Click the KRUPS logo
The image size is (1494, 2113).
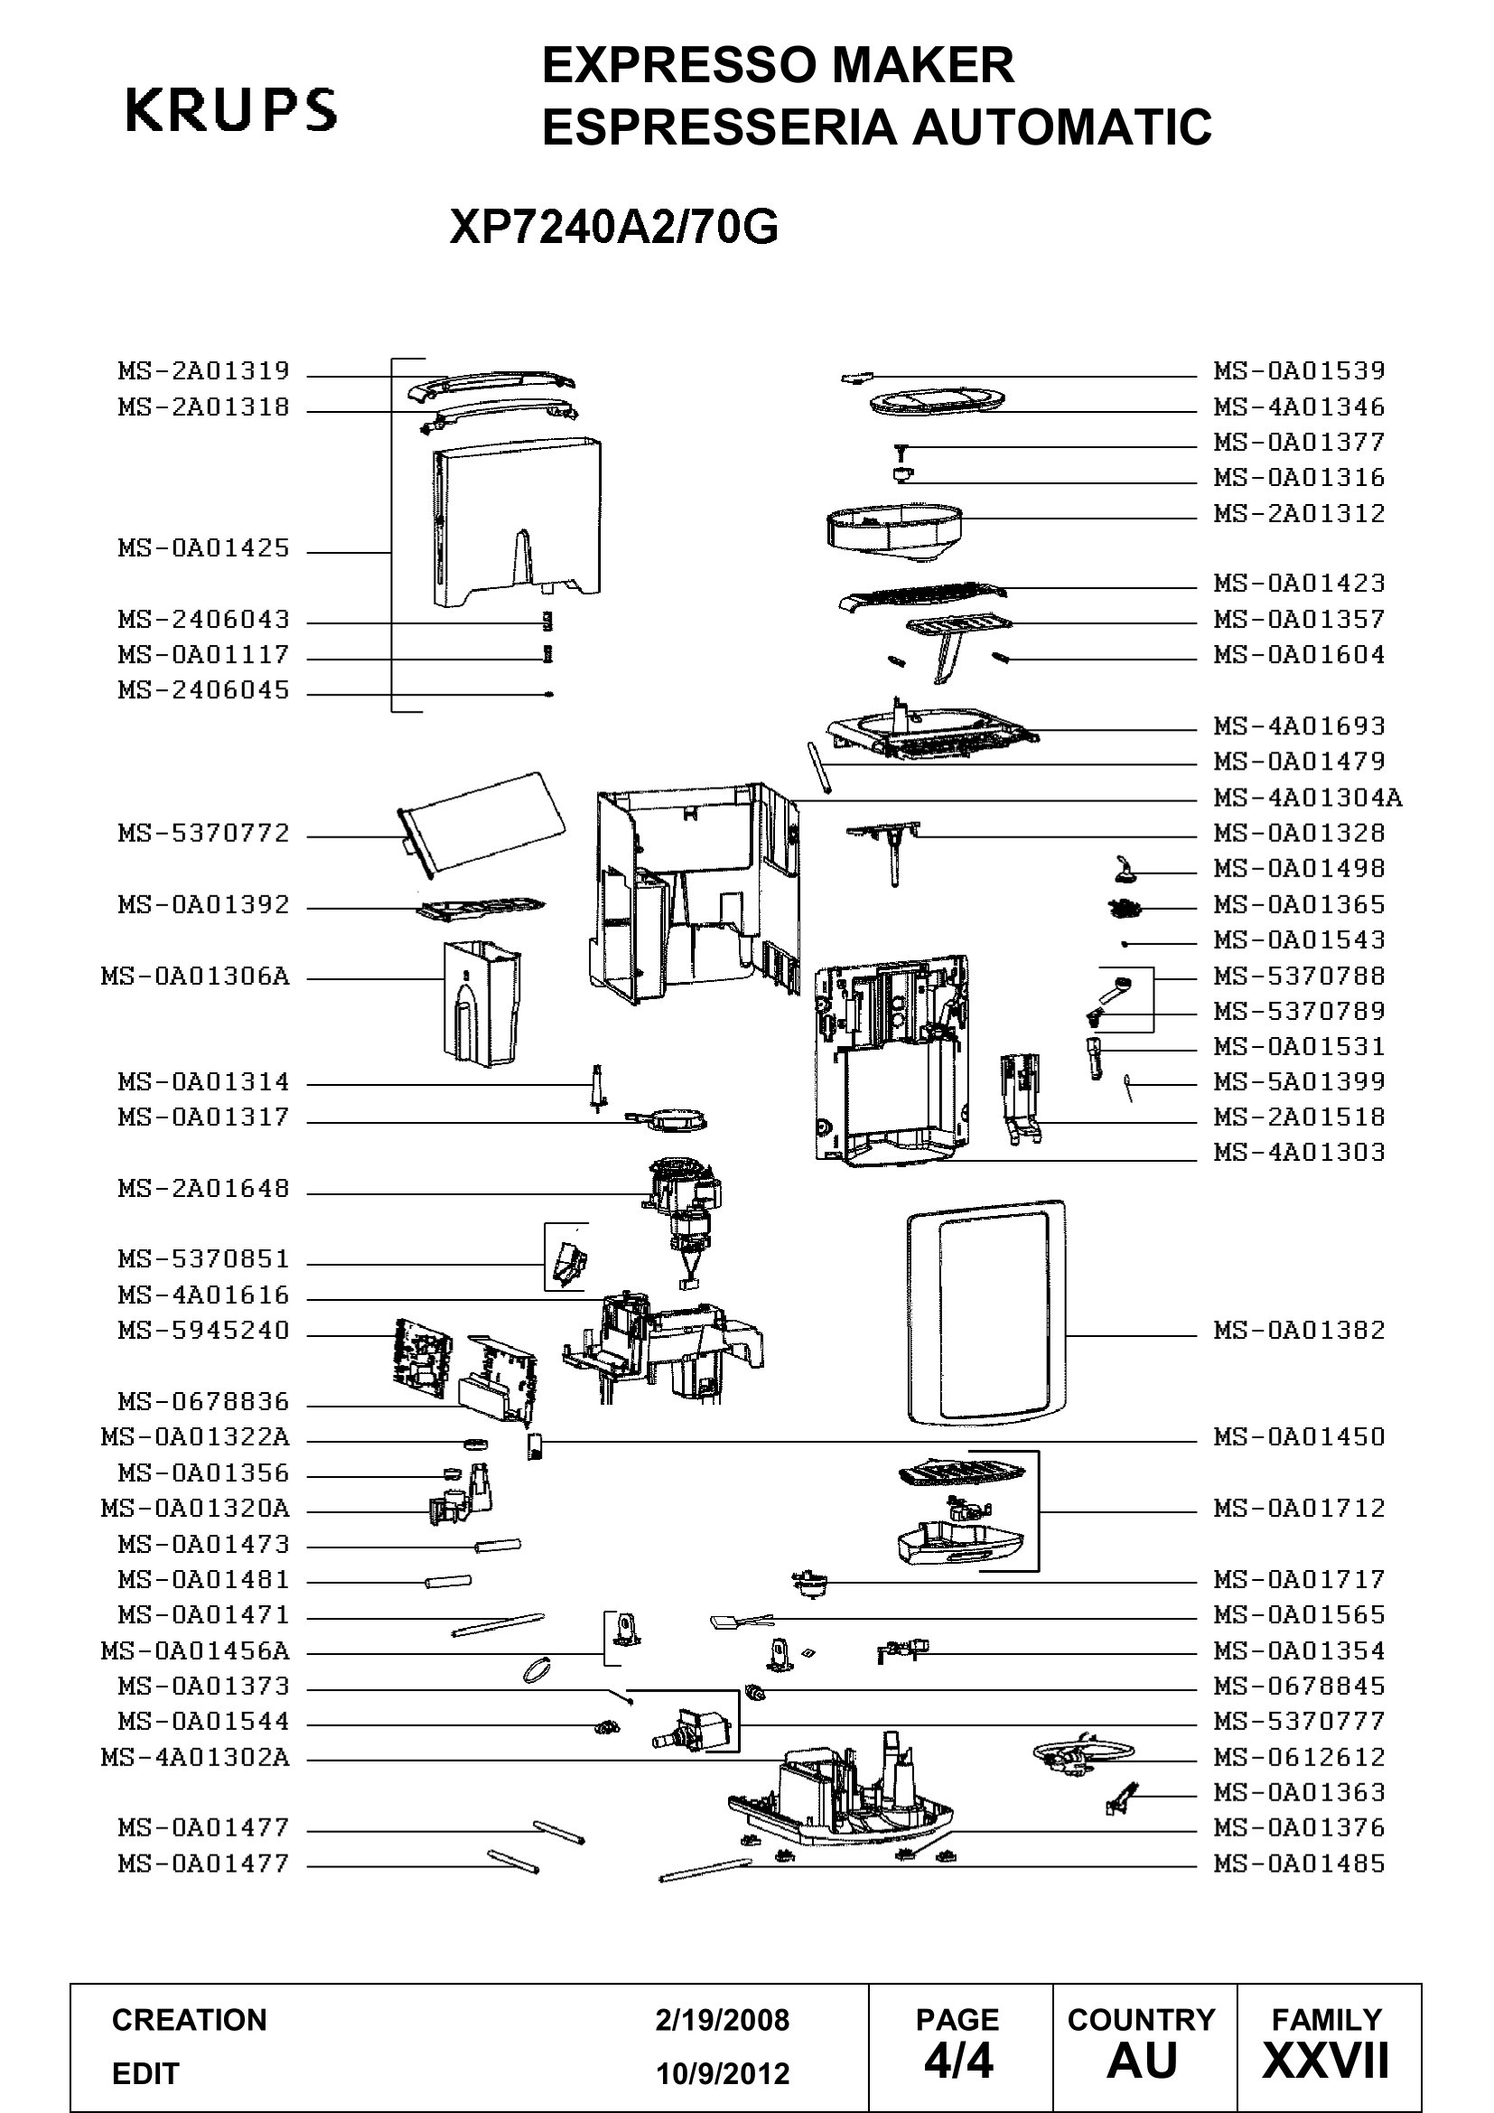[x=231, y=109]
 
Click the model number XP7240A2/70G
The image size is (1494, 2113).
[x=613, y=227]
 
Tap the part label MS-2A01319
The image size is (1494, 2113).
[x=203, y=371]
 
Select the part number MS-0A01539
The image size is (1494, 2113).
[x=1299, y=371]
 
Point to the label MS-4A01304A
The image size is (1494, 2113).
[x=1308, y=797]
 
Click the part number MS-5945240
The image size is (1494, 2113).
[x=203, y=1330]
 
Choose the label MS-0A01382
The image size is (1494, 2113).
[x=1299, y=1330]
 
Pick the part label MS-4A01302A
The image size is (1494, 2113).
[x=195, y=1757]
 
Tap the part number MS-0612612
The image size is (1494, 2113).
[x=1299, y=1757]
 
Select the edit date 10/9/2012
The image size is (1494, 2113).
[x=723, y=2073]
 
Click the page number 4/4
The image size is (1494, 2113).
[x=958, y=2062]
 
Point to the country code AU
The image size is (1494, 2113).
[x=1142, y=2062]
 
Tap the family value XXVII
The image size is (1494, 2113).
[x=1326, y=2062]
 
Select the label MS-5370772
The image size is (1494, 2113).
[x=203, y=833]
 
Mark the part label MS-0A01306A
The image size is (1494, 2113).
[x=195, y=976]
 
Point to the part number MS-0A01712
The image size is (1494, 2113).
[x=1299, y=1508]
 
